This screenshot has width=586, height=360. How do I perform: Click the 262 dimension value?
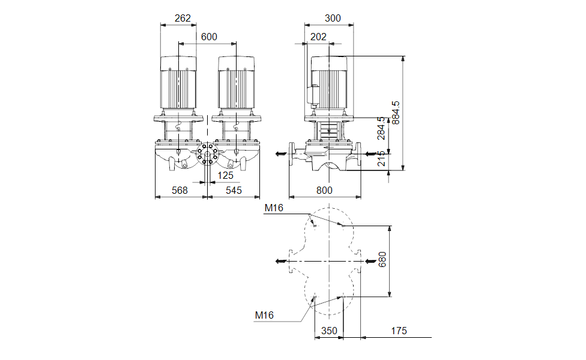click(x=182, y=19)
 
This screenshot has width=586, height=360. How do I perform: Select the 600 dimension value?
click(x=209, y=37)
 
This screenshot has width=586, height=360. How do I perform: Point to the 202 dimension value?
click(x=318, y=37)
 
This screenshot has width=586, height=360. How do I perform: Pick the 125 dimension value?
click(x=225, y=175)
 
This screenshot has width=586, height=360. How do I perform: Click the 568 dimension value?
click(x=180, y=190)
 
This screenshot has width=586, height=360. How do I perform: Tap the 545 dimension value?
click(x=234, y=190)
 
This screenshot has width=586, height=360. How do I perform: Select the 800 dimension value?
click(x=324, y=190)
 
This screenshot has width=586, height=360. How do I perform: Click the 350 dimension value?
click(x=329, y=331)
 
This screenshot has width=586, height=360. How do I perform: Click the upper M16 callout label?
click(x=274, y=208)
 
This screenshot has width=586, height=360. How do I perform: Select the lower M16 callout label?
click(x=264, y=315)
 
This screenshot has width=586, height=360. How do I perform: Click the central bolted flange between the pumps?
click(x=207, y=154)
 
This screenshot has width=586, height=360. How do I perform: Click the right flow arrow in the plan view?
click(x=372, y=261)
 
